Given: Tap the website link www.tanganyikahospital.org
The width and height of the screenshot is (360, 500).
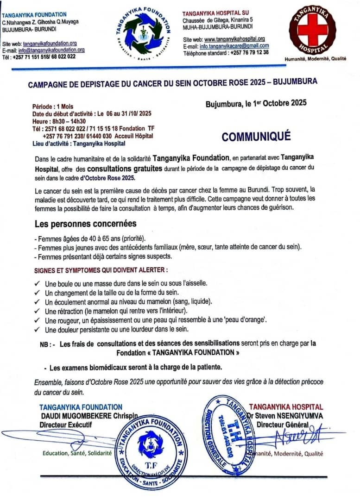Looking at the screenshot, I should coord(234,39).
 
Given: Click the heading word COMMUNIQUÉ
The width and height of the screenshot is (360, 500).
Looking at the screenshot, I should coord(256,137).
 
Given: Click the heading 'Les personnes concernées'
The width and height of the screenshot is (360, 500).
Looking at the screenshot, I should coord(86,224).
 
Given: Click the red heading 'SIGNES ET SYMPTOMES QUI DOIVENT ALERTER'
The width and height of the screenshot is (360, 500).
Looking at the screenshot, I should coord(101,270).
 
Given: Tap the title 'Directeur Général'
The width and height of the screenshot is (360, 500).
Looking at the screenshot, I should coord(283,424).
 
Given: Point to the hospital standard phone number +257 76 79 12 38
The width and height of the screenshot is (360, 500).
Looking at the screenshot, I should coord(249,52).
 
